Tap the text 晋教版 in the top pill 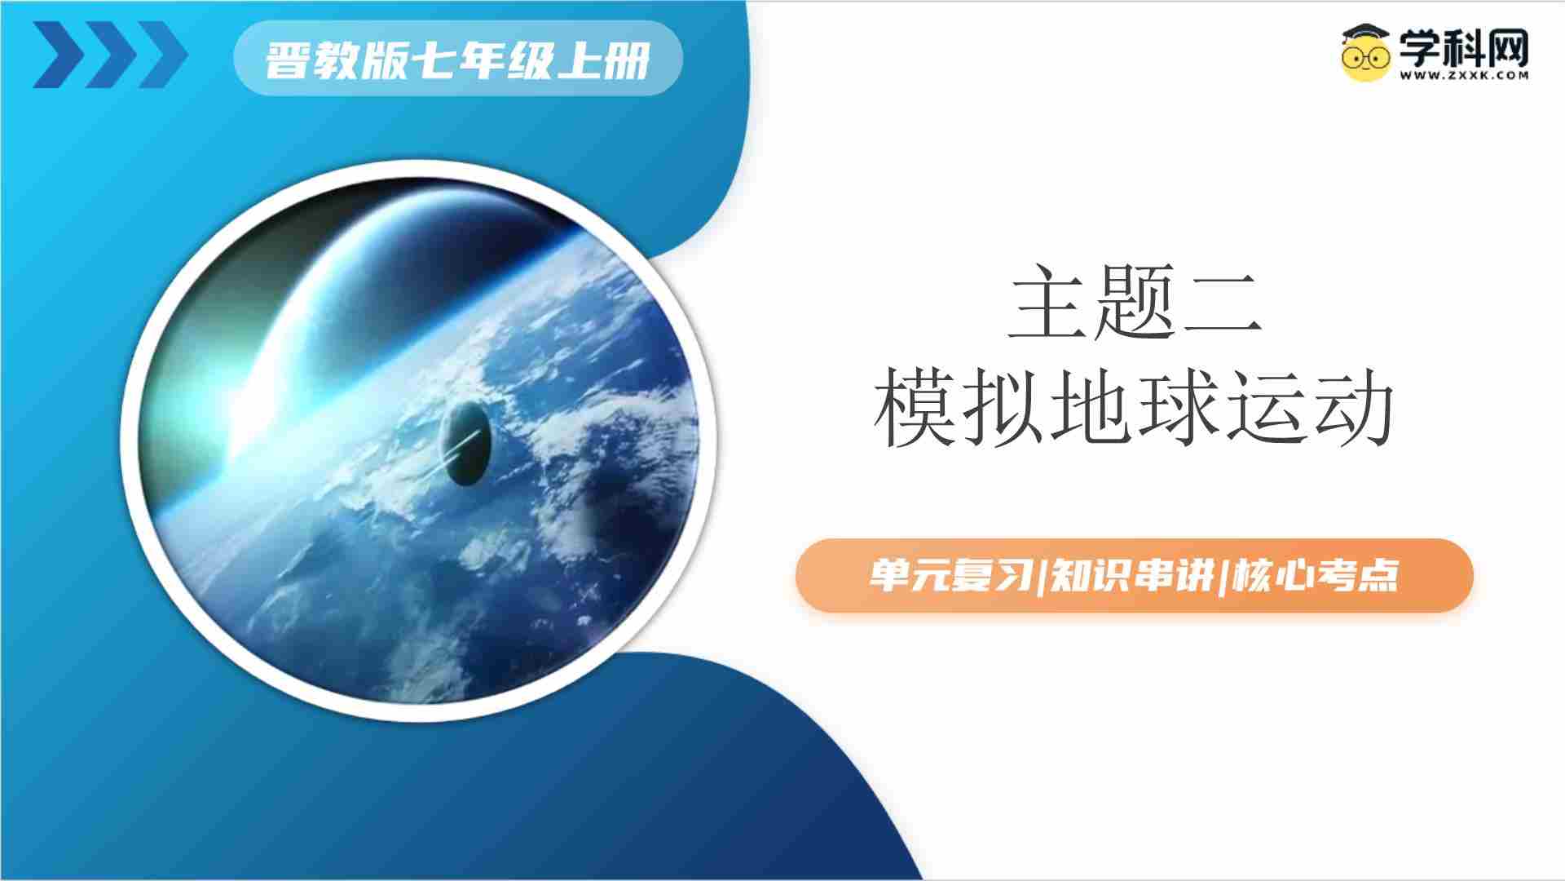[x=335, y=60]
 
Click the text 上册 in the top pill [x=602, y=60]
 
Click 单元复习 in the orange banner [x=949, y=575]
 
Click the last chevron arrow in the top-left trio [x=163, y=55]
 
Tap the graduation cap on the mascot [x=1366, y=33]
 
